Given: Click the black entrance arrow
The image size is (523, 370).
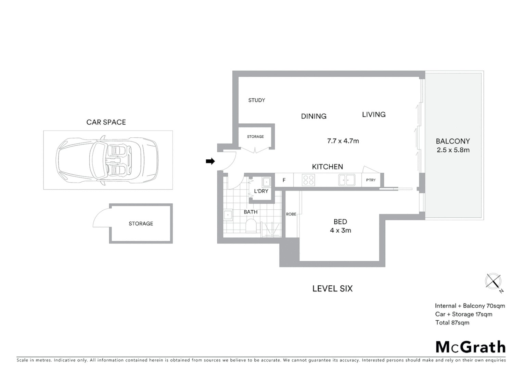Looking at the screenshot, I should tap(210, 161).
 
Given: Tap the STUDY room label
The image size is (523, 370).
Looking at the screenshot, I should tap(256, 100).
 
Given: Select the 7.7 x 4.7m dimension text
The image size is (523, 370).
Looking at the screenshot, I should tap(343, 141).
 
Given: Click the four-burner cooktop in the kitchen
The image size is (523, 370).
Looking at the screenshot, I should tap(308, 180).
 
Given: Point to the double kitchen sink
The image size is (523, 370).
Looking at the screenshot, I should tap(346, 180).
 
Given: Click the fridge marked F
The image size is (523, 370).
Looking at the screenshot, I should tap(284, 180).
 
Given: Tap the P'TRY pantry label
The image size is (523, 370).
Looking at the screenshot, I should tap(371, 180).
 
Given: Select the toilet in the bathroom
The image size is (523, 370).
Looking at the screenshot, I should tap(251, 226).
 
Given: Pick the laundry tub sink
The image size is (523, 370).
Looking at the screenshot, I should tap(266, 181).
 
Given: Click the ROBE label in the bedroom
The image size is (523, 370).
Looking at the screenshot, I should tap(291, 214).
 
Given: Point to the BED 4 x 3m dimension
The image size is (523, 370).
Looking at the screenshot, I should tap(340, 230).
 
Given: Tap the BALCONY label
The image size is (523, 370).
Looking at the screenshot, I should tap(452, 141).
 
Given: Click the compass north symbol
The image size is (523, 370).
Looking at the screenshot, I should tap(493, 282).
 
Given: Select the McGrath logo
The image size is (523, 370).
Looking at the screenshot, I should tap(470, 347).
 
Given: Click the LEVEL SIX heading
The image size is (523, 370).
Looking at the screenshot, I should tap(332, 288).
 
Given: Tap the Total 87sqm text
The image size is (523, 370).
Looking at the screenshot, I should tap(452, 322).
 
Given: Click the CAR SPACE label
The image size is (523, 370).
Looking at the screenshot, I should tap(106, 122).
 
